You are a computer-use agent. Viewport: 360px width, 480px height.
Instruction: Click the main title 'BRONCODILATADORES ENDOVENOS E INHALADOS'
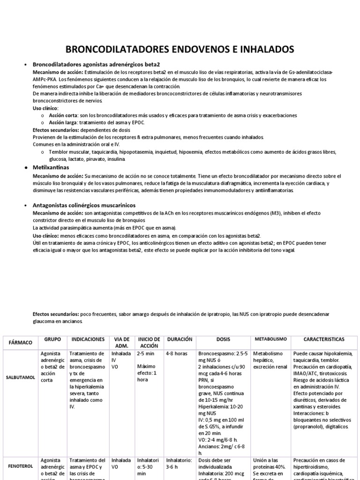pos(180,49)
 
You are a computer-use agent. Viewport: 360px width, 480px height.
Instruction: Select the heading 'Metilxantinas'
pos(51,167)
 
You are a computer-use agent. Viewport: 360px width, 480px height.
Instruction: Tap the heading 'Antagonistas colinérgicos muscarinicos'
pos(84,205)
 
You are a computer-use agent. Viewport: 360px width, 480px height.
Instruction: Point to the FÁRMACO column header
pos(20,343)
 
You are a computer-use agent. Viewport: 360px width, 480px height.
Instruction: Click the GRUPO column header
pos(52,338)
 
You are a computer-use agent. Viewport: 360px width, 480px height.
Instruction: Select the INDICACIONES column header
pos(88,338)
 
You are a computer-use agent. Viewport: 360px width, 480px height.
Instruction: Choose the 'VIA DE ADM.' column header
pos(121,342)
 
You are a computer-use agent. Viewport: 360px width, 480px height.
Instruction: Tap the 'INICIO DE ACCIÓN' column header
pos(149,342)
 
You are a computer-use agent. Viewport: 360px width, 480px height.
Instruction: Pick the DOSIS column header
pos(223,338)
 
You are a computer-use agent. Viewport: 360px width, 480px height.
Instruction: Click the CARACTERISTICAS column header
pos(324,338)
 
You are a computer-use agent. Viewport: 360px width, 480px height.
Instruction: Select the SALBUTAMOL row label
pos(21,377)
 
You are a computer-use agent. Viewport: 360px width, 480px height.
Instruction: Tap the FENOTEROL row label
pos(21,467)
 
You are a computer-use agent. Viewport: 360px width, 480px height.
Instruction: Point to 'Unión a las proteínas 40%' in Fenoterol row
pos(270,464)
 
